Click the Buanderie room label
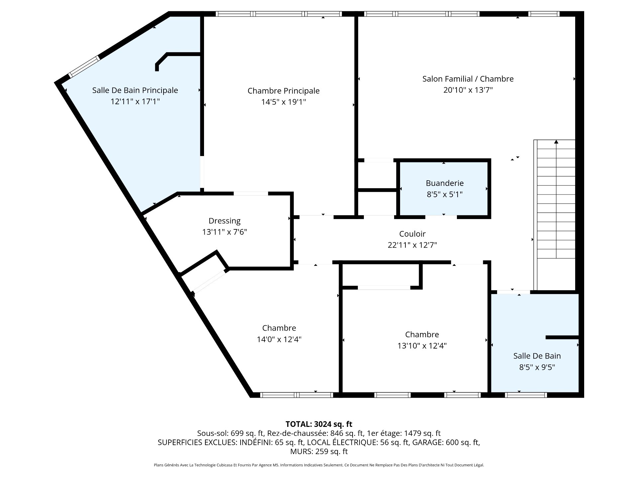[x=445, y=183]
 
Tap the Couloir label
[x=412, y=234]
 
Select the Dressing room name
[x=225, y=221]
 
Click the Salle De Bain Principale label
[x=135, y=90]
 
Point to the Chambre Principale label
[x=283, y=91]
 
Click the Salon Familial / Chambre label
[x=468, y=79]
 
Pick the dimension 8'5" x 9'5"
[x=537, y=367]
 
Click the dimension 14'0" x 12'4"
[x=279, y=339]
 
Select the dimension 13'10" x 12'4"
[x=422, y=346]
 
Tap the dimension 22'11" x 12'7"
[x=412, y=245]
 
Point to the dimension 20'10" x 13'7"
[x=468, y=90]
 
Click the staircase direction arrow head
[x=556, y=142]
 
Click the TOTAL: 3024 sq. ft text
[x=319, y=424]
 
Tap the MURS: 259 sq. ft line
[x=319, y=451]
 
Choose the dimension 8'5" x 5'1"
[x=445, y=195]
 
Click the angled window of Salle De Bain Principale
[x=84, y=66]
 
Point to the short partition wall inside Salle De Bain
[x=562, y=337]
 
